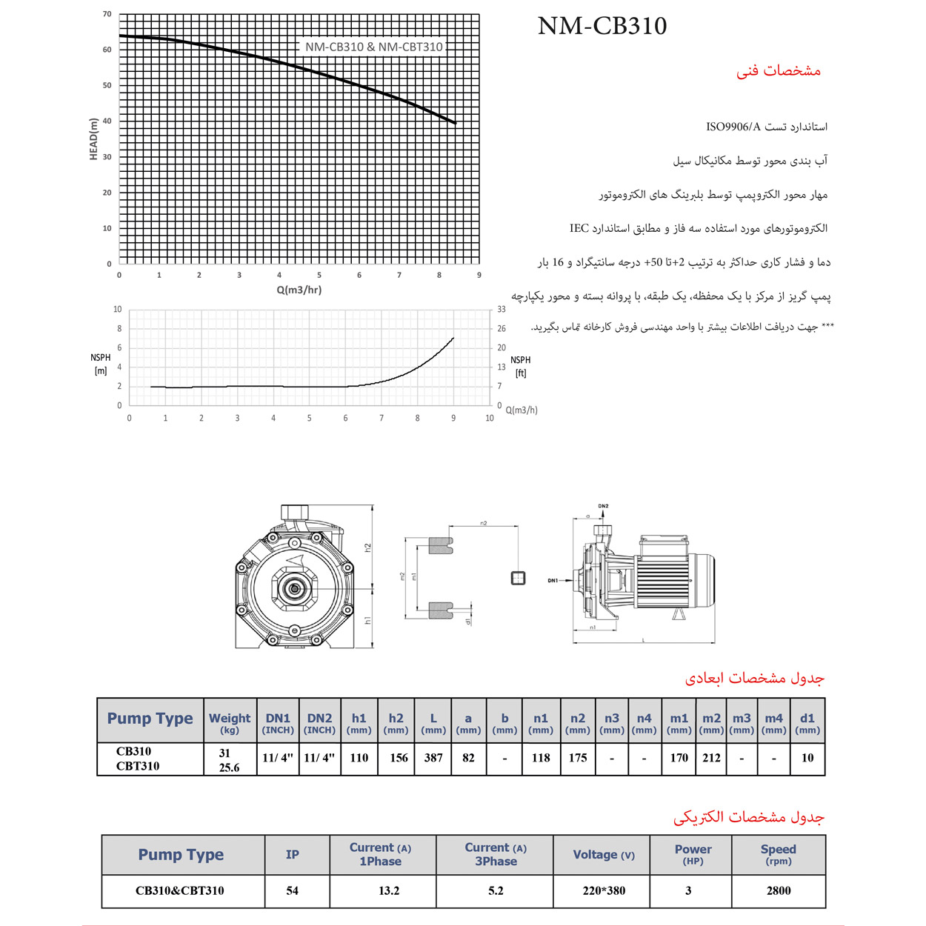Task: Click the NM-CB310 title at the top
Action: [602, 26]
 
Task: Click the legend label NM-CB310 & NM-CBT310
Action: [373, 47]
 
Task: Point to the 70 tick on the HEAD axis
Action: [107, 14]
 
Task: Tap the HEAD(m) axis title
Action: [93, 139]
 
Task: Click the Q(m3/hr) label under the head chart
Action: [299, 290]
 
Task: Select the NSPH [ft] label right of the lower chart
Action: [520, 366]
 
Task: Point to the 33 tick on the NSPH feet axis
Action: [502, 310]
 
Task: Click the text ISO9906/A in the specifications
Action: [733, 127]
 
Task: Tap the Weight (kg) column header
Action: [230, 722]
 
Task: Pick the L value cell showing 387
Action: [433, 758]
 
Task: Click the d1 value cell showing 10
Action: [807, 758]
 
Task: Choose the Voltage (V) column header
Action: [604, 855]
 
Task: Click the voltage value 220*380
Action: [604, 890]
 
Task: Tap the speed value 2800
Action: [779, 890]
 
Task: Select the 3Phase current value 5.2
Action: [496, 890]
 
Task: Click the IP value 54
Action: [293, 890]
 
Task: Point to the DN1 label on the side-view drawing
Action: [553, 581]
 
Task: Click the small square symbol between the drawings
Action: [519, 578]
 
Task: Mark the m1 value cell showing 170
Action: [679, 758]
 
